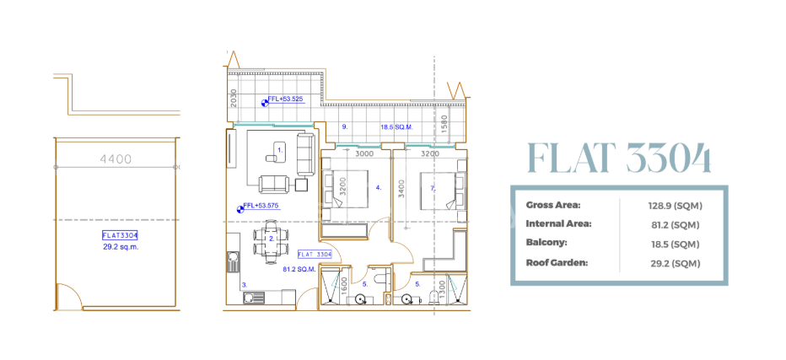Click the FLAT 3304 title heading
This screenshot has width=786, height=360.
pyautogui.click(x=617, y=158)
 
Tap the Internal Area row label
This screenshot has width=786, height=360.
pyautogui.click(x=558, y=224)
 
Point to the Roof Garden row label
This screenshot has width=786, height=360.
pyautogui.click(x=557, y=263)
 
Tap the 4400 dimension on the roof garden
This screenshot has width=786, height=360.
pyautogui.click(x=116, y=157)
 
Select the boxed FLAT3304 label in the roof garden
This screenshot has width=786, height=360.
pyautogui.click(x=119, y=236)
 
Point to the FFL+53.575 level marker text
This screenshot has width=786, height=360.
pyautogui.click(x=261, y=206)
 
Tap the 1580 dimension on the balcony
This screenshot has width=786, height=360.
pyautogui.click(x=444, y=125)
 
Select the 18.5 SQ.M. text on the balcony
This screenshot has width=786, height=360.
pyautogui.click(x=396, y=127)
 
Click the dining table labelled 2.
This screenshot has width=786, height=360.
pyautogui.click(x=271, y=238)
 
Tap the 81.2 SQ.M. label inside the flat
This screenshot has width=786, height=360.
pyautogui.click(x=299, y=270)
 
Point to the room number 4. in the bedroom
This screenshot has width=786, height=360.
pyautogui.click(x=379, y=188)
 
